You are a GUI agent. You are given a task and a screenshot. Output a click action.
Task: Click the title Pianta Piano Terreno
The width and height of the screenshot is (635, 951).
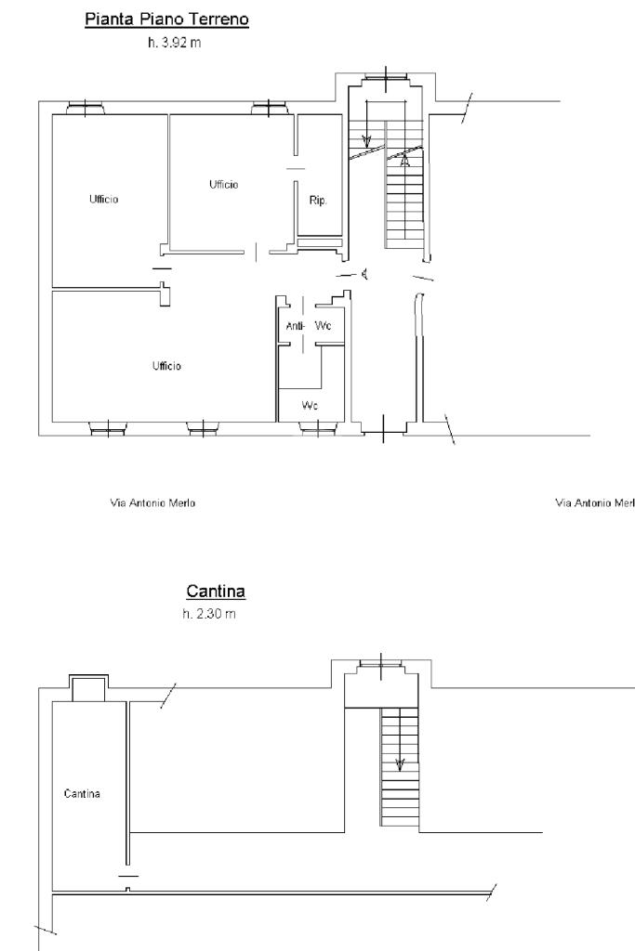point(167,20)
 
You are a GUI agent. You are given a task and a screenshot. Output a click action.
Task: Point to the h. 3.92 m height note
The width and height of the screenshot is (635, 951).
point(174,43)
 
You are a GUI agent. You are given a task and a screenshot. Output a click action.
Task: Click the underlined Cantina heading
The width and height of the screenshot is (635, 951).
point(216,591)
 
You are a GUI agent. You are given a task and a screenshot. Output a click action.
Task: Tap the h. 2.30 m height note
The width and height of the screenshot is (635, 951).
point(209,614)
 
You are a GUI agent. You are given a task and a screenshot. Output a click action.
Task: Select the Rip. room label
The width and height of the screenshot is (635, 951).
point(318,201)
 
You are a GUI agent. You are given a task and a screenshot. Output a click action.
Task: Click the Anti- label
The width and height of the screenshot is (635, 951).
point(295,326)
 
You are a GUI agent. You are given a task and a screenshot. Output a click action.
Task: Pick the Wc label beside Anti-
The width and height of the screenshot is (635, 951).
point(323,326)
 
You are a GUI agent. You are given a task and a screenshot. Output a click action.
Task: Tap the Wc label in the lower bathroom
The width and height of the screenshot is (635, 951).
point(310,405)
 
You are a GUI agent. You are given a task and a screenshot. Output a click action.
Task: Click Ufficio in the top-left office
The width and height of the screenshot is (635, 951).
point(104,199)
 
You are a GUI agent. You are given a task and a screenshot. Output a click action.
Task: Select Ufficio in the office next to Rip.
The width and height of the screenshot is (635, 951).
point(224,185)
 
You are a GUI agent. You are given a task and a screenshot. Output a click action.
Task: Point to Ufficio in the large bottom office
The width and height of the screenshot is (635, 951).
point(166,366)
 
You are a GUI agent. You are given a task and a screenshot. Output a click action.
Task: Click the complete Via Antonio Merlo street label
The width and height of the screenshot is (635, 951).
point(153,502)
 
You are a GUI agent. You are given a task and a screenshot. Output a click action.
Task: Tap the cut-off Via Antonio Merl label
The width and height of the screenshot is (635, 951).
point(595,502)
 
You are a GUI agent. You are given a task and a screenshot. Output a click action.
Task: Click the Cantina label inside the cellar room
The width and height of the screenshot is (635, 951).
point(82,793)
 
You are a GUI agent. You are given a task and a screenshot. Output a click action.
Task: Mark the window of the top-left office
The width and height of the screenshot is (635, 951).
point(85,109)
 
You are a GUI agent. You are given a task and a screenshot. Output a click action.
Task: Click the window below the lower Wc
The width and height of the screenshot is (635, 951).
point(318,429)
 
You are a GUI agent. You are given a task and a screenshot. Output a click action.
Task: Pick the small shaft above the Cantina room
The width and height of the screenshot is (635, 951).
point(88,688)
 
